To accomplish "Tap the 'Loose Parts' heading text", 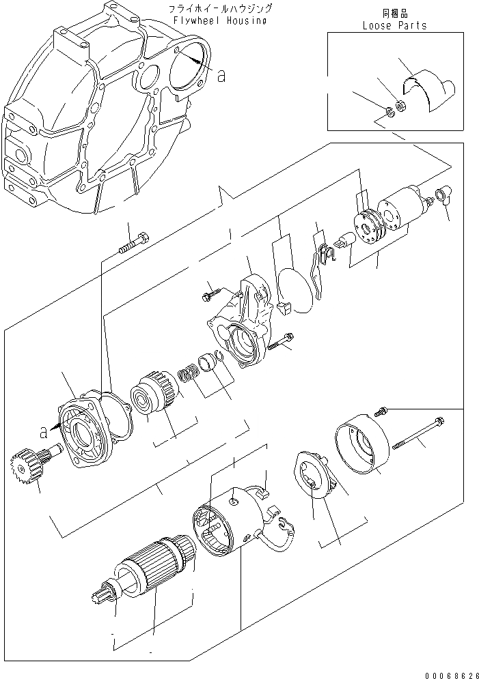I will tap(394, 25).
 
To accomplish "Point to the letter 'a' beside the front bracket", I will tap(44, 431).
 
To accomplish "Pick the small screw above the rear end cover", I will tap(380, 410).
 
